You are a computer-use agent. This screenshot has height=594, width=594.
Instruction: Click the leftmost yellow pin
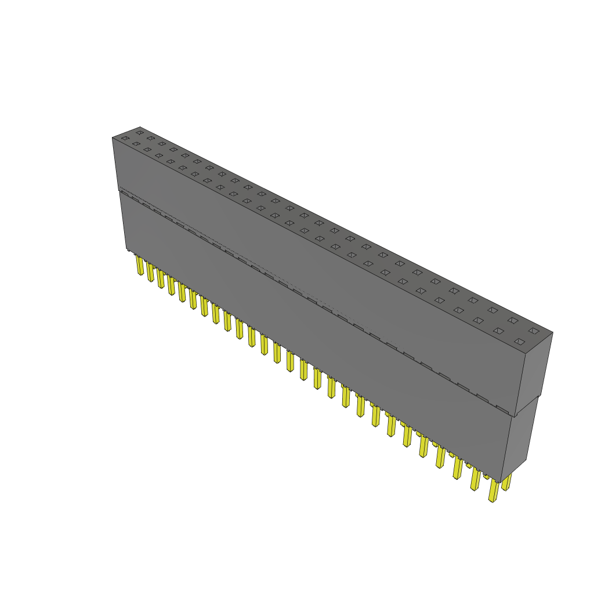[x=140, y=266]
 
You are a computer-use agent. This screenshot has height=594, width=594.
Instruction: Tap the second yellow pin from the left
[x=150, y=272]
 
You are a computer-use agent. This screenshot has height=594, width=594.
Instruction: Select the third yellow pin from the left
[x=161, y=278]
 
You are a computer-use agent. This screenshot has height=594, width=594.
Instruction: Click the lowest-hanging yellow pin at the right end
[x=494, y=491]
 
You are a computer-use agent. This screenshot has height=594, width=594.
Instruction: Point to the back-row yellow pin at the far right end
[x=507, y=482]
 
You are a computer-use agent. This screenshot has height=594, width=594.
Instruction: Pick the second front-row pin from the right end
[x=476, y=480]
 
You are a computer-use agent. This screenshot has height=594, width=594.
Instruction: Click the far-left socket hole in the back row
[x=139, y=133]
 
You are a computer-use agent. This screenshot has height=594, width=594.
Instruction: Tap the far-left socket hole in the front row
[x=125, y=138]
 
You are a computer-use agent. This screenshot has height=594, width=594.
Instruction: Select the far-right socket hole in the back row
[x=534, y=331]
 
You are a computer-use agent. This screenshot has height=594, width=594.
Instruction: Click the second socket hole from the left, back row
[x=151, y=138]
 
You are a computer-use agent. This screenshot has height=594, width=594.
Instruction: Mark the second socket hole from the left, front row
[x=136, y=144]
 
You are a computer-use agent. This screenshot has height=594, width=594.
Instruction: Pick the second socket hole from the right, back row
[x=513, y=320]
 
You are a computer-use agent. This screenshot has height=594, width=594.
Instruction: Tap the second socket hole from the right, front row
[x=498, y=331]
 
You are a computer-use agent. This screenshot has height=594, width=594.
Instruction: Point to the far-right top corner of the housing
[x=553, y=332]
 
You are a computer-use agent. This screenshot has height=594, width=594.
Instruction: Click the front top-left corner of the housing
[x=112, y=137]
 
